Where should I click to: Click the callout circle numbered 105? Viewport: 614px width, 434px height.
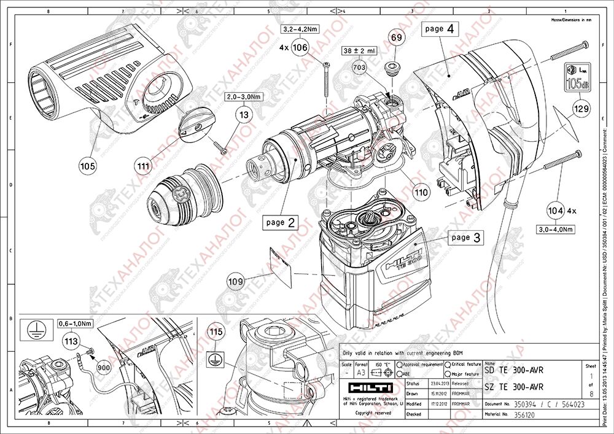(88, 164)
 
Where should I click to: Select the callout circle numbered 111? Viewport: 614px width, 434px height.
(144, 164)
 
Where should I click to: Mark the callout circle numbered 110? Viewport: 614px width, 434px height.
(420, 192)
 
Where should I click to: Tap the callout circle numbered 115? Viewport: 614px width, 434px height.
(215, 332)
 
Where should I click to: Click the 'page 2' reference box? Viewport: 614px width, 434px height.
(281, 222)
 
